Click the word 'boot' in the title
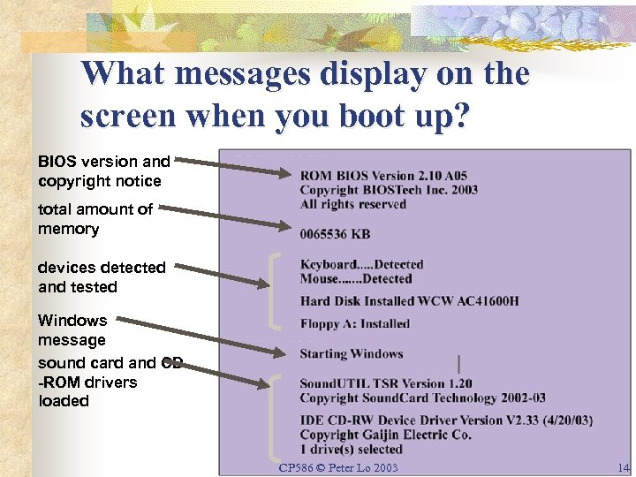click(375, 117)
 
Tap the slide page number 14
click(624, 468)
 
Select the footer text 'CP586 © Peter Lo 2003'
click(338, 467)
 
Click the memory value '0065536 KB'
click(335, 234)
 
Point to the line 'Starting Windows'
click(352, 354)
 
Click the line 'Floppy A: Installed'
click(355, 324)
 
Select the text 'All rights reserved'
click(353, 204)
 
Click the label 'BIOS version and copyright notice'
click(103, 171)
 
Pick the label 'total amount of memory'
click(95, 219)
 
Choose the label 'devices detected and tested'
click(101, 276)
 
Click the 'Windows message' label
click(72, 329)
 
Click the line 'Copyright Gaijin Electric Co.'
click(386, 435)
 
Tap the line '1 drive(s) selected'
click(352, 450)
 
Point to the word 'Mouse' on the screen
click(320, 279)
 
